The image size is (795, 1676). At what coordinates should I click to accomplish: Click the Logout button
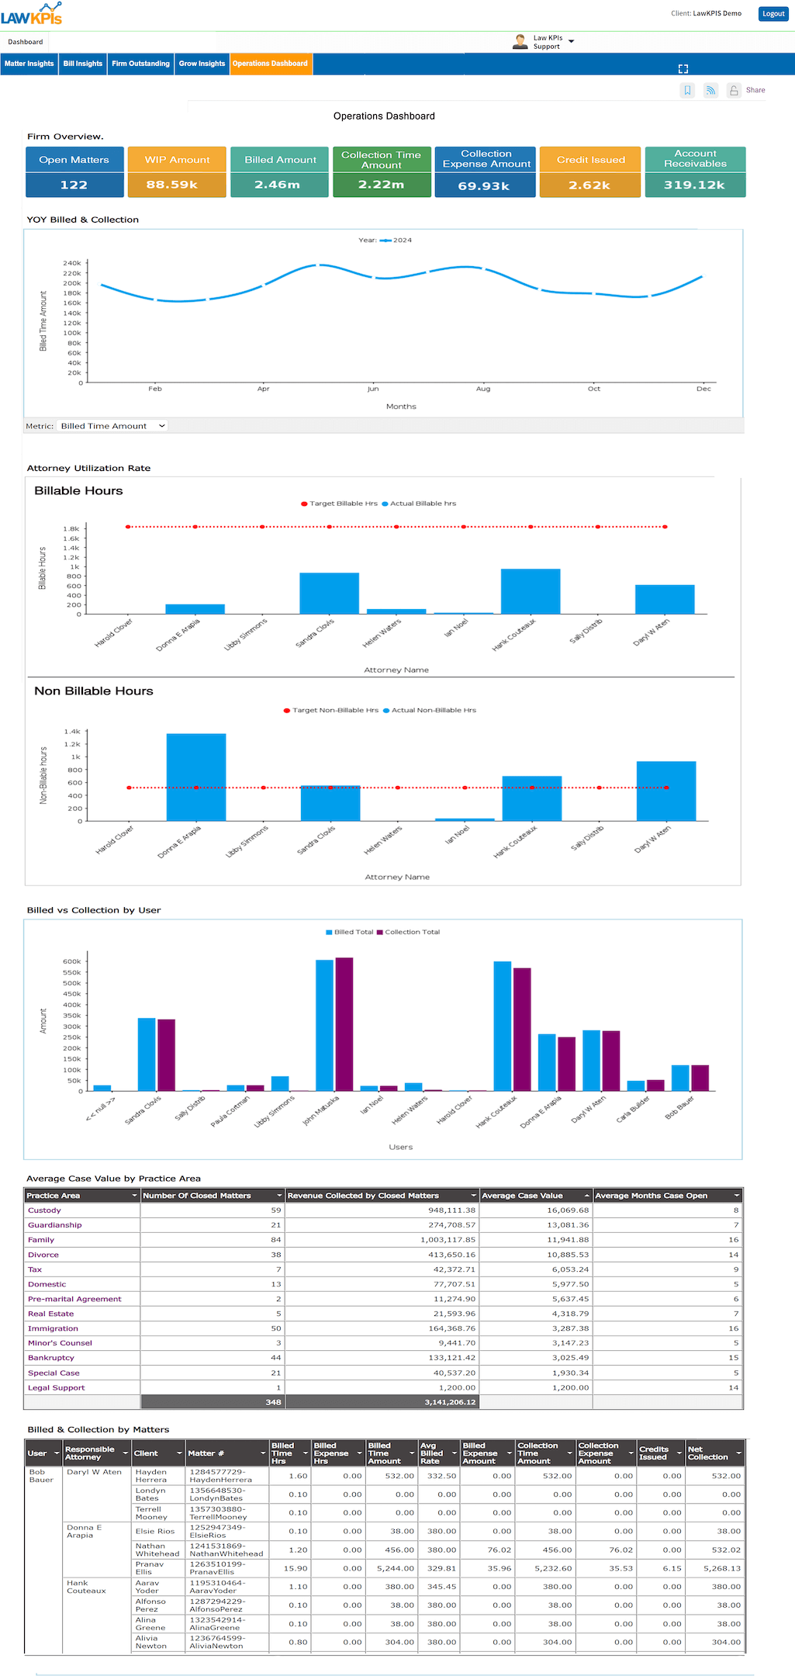tap(773, 14)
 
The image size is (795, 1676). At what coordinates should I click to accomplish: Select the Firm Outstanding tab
tap(140, 64)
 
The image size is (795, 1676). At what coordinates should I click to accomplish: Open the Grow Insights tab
tap(202, 64)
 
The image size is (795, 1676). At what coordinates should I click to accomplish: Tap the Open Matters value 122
tap(74, 185)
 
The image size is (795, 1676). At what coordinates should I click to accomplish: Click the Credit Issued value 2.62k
tap(589, 185)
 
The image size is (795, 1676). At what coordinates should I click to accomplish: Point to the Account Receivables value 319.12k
tap(694, 185)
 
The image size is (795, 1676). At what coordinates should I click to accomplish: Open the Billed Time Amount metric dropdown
tap(112, 426)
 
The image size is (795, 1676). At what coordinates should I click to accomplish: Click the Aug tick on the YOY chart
tap(483, 388)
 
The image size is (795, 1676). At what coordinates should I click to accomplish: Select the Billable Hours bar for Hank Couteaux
tap(531, 591)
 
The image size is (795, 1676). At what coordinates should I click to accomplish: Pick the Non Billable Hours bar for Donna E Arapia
tap(196, 777)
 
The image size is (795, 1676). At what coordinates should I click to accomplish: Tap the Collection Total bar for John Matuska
tap(344, 1024)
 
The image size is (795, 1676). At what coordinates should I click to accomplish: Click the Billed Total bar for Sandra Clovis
tap(147, 1054)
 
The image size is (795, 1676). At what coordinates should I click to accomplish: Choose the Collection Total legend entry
tap(412, 932)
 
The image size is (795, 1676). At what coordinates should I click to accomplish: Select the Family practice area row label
tap(41, 1240)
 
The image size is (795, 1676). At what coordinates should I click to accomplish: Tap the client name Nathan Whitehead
tap(157, 1550)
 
